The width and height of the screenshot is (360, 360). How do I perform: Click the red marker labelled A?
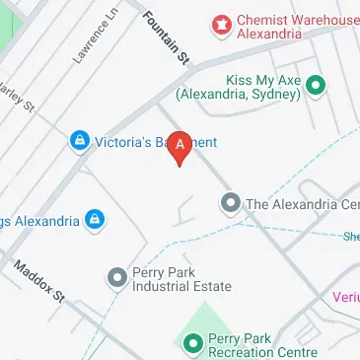[180, 146]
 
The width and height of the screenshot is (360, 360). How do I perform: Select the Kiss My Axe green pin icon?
[316, 86]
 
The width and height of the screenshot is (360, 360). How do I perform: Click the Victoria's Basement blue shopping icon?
[78, 143]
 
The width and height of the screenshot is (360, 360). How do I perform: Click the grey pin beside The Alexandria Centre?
[230, 204]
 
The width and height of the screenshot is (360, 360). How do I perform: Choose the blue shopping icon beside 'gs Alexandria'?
[95, 219]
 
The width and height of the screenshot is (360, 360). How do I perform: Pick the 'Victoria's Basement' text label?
[155, 143]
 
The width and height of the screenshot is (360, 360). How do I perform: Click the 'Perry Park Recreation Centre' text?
[262, 344]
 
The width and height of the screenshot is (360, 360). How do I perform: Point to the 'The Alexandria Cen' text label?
[302, 204]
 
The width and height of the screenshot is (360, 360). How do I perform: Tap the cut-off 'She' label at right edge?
[350, 236]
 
